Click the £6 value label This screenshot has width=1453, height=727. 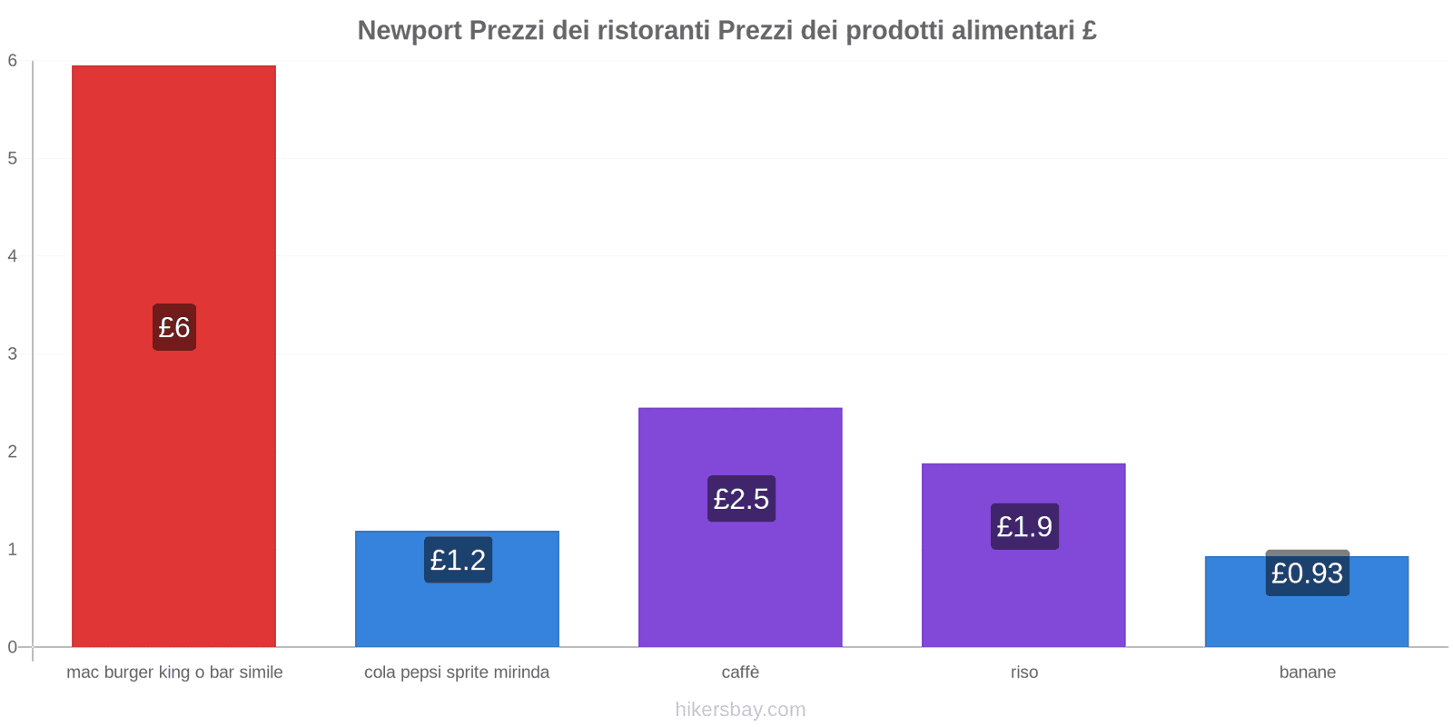[x=173, y=327]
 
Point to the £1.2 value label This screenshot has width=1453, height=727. [x=458, y=560]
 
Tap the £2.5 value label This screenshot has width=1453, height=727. [x=741, y=499]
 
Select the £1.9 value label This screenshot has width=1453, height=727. [x=1024, y=526]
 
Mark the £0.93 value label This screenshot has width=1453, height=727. [x=1307, y=573]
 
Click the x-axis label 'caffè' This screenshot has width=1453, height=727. [x=740, y=672]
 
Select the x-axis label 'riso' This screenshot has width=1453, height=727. [x=1023, y=672]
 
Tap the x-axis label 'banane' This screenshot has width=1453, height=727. [x=1307, y=672]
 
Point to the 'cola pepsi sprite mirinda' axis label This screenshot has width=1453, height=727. [x=457, y=672]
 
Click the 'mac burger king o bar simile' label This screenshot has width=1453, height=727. [x=174, y=672]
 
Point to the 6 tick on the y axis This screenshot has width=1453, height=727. [x=13, y=61]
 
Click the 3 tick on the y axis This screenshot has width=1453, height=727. [x=13, y=354]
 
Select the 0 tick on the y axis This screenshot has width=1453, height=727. [x=13, y=647]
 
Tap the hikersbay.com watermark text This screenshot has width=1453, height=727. [x=740, y=710]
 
